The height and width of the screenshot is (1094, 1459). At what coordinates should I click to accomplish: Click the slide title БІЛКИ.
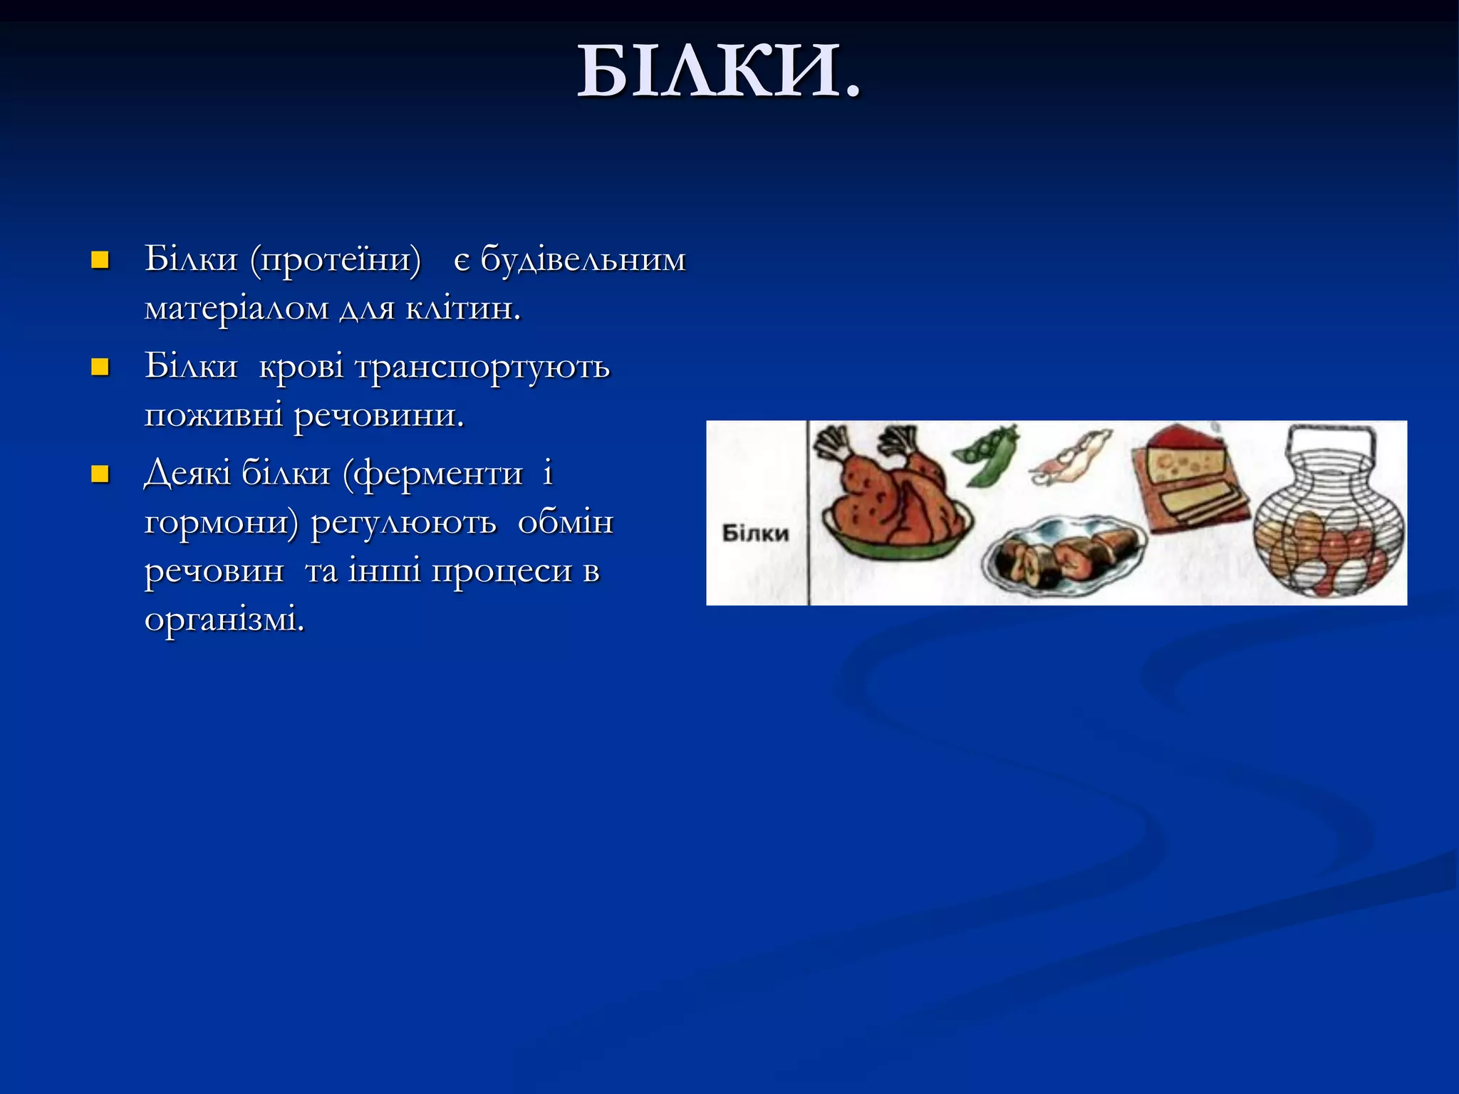(x=718, y=71)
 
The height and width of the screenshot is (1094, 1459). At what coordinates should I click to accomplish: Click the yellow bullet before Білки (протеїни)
(x=100, y=260)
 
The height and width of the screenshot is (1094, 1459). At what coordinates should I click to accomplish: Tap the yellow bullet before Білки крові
(x=100, y=368)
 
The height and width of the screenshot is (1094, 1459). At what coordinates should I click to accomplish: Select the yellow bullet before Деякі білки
(x=100, y=474)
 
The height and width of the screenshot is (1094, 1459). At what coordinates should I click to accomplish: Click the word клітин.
(x=463, y=308)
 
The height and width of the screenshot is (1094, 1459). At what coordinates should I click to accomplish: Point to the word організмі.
(x=224, y=620)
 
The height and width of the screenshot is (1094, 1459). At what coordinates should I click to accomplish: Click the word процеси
(x=502, y=571)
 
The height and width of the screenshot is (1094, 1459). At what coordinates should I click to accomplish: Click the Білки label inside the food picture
(x=755, y=533)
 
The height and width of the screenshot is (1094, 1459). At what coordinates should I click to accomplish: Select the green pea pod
(x=987, y=456)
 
